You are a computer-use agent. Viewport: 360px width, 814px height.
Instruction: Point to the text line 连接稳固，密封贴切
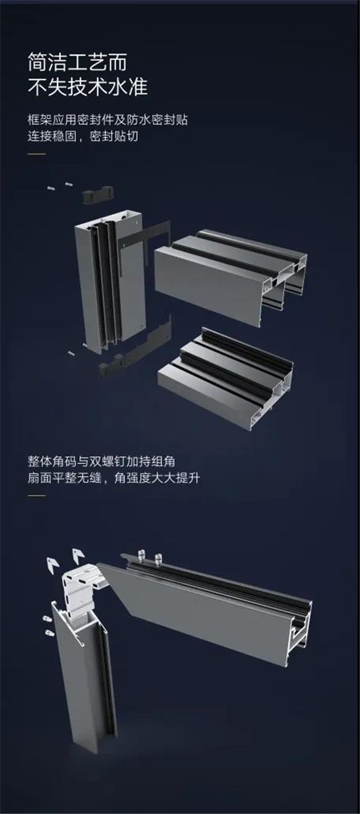pos(85,137)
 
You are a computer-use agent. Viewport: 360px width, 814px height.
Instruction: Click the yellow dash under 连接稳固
pos(37,154)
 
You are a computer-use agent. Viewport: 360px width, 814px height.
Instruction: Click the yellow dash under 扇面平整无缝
pos(37,494)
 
